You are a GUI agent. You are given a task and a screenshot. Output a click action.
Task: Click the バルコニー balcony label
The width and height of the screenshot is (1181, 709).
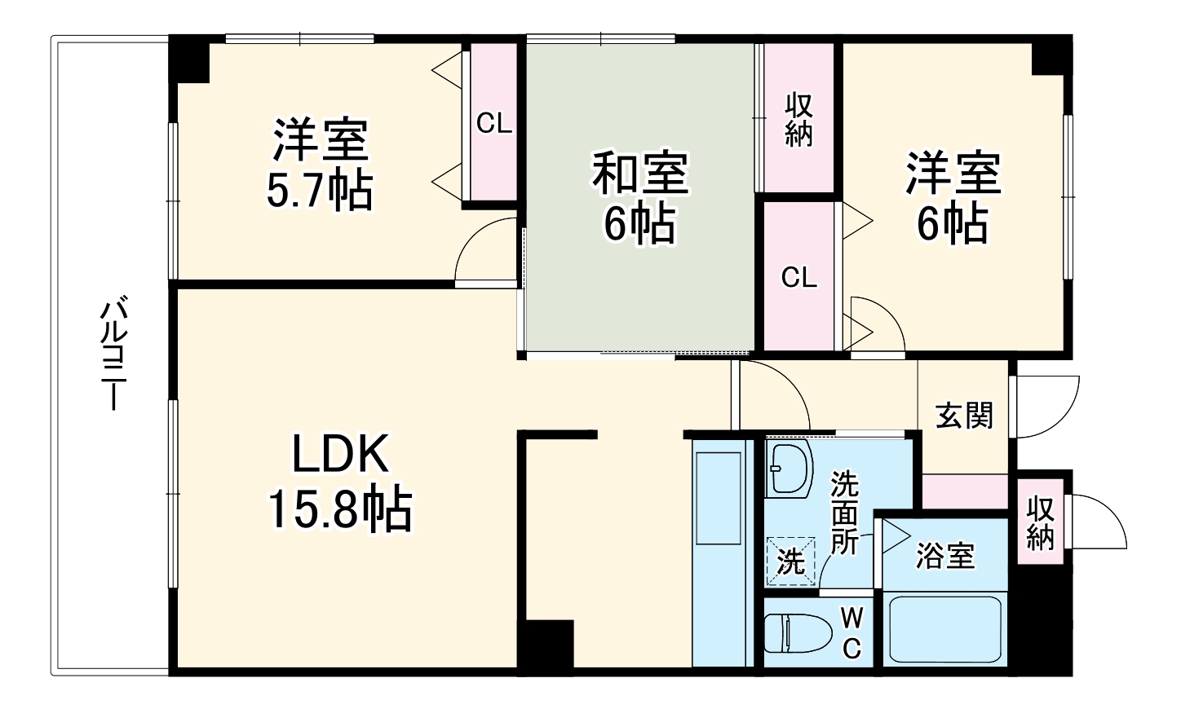[x=113, y=354]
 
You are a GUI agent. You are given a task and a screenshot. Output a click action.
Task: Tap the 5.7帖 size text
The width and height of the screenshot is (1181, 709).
[x=320, y=190]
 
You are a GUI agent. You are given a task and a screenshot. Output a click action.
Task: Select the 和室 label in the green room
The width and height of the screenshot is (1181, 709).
[x=640, y=173]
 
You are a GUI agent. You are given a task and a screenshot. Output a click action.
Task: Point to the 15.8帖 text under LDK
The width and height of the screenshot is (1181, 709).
[x=340, y=509]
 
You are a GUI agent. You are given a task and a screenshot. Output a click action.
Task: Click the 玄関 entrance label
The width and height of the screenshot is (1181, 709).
[x=964, y=416]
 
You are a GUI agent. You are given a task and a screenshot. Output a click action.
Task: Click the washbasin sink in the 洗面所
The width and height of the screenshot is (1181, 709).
[x=789, y=469]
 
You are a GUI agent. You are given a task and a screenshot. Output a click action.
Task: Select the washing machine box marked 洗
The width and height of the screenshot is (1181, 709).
[x=790, y=561]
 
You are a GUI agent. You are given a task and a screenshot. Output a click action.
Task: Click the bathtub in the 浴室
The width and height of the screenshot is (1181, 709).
[x=944, y=630]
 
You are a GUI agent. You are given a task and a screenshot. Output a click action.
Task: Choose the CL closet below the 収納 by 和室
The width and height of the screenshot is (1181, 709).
[x=798, y=277]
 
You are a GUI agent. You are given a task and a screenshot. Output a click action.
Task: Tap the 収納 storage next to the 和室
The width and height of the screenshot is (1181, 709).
[x=798, y=121]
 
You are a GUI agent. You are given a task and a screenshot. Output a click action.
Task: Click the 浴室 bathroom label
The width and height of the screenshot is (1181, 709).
[x=944, y=557]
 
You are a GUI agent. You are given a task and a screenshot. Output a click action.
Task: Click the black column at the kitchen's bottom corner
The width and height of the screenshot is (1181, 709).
[x=547, y=645]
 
